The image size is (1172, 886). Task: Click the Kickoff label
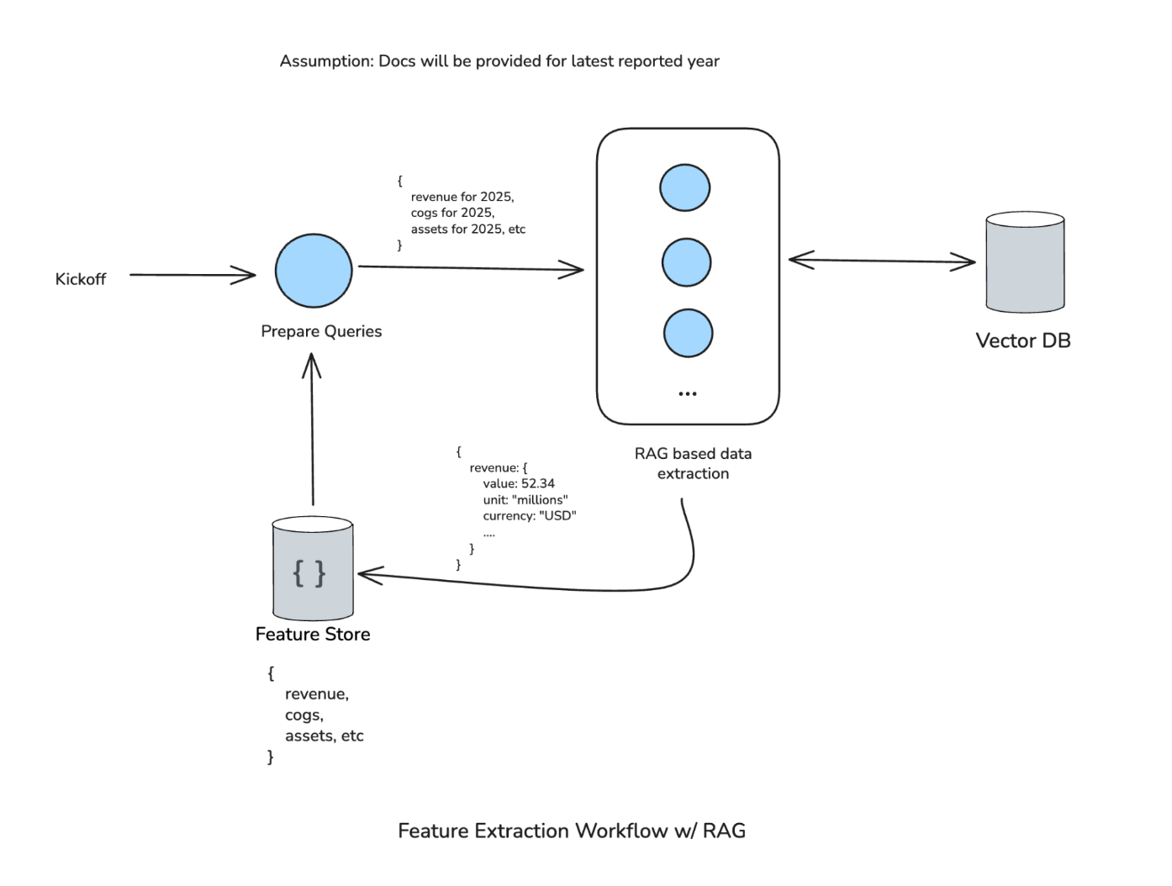coord(81,279)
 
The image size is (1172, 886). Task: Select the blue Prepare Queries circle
coord(314,271)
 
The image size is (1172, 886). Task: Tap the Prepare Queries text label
coord(321,331)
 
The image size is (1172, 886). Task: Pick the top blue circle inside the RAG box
coord(684,187)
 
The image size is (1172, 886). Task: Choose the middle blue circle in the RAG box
coord(686,262)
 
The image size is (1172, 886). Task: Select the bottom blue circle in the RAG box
coord(688,333)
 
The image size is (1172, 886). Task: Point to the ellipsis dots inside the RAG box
coord(687,393)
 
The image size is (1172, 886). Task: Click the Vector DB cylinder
coord(1025,262)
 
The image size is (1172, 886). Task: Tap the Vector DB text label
coord(1022,340)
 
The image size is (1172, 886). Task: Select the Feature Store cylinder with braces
coord(312,569)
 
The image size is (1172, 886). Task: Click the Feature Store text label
coord(313,634)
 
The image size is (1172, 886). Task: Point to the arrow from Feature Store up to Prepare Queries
coord(312,429)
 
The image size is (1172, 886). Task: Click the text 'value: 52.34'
coord(519,483)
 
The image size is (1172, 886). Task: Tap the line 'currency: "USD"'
coord(530,515)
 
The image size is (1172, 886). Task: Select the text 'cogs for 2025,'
coord(452,213)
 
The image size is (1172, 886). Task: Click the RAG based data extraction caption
coord(693,463)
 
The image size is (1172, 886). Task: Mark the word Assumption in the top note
coord(326,61)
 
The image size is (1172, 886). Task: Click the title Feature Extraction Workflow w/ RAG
coord(572,831)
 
